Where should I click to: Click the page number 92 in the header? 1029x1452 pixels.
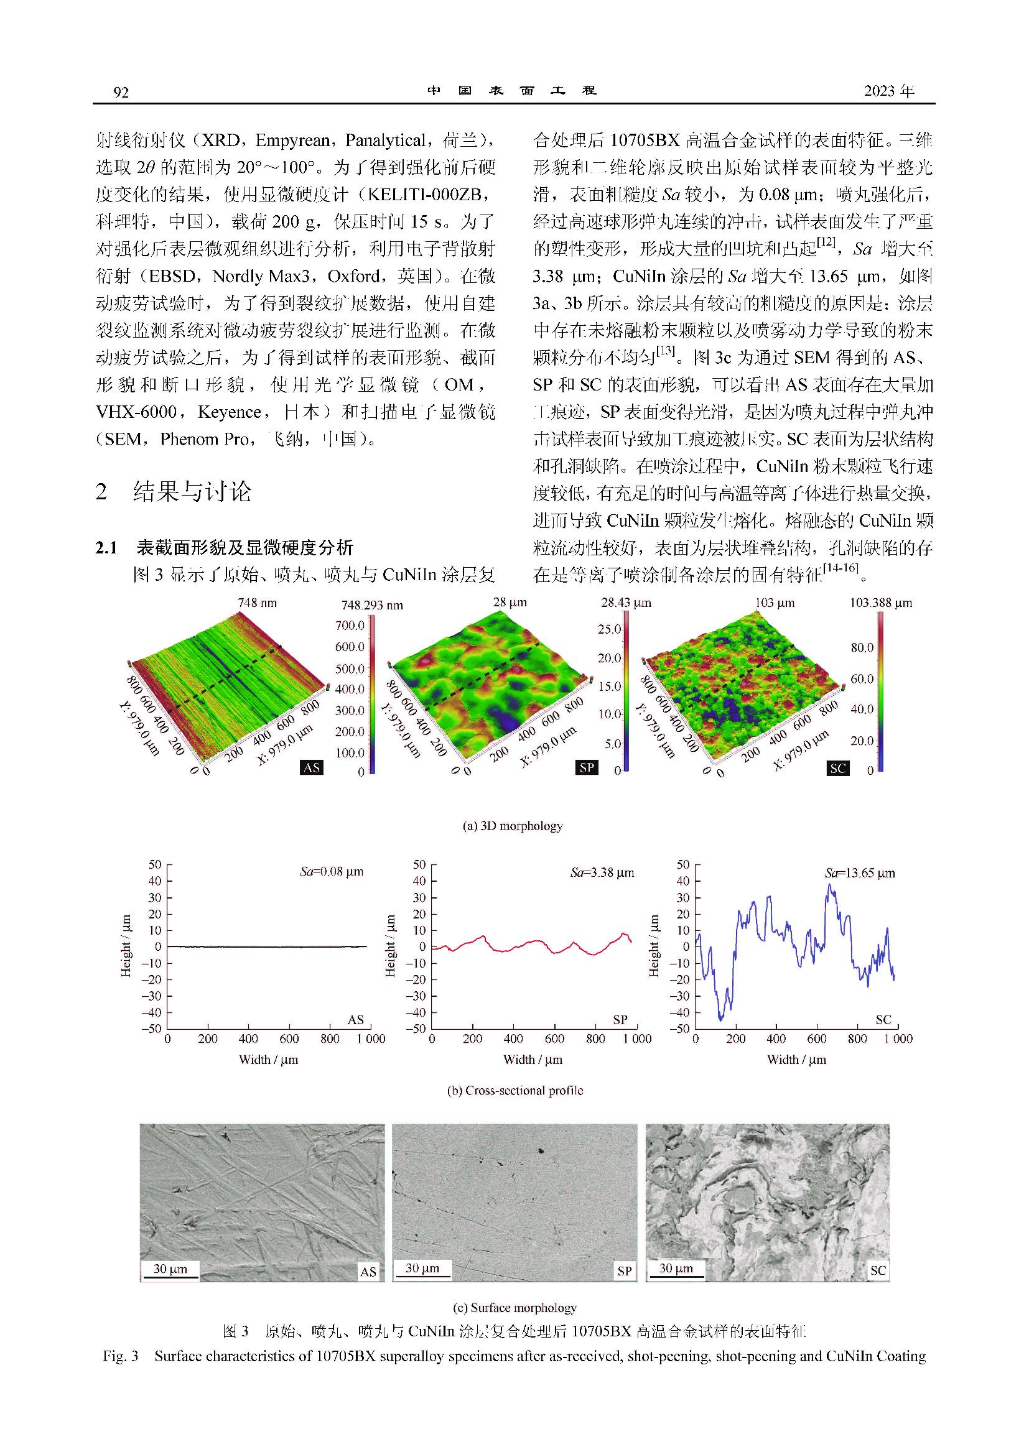click(x=121, y=93)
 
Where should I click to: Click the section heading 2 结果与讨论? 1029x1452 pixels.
click(x=173, y=492)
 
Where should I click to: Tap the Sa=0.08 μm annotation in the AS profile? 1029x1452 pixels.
click(x=332, y=872)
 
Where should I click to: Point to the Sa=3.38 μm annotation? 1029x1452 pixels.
click(x=602, y=872)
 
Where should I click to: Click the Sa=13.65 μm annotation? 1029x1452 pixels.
click(x=860, y=873)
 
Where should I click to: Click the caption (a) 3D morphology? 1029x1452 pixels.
click(x=513, y=826)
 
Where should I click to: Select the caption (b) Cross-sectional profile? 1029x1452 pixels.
click(x=515, y=1091)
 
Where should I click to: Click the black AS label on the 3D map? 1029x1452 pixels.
click(x=312, y=768)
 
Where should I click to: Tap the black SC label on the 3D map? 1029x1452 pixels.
click(x=837, y=768)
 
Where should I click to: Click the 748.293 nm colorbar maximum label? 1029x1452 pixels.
click(x=372, y=604)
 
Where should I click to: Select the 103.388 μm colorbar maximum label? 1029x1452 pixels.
click(x=880, y=603)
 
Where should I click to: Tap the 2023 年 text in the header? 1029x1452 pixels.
click(x=889, y=92)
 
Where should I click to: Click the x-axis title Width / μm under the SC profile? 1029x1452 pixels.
click(x=796, y=1060)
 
